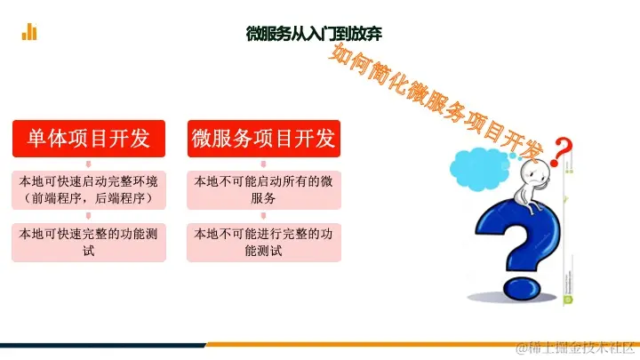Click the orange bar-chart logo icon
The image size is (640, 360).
click(29, 32)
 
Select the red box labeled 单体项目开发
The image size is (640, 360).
click(88, 138)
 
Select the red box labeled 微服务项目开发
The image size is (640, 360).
click(264, 138)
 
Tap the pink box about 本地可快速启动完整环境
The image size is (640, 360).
click(88, 189)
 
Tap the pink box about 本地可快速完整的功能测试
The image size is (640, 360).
click(88, 242)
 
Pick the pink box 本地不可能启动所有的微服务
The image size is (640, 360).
click(264, 189)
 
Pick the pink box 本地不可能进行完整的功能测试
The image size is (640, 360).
click(264, 242)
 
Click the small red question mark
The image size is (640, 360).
click(559, 154)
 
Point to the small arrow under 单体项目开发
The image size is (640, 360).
click(88, 163)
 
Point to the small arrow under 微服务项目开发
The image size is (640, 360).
click(264, 163)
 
